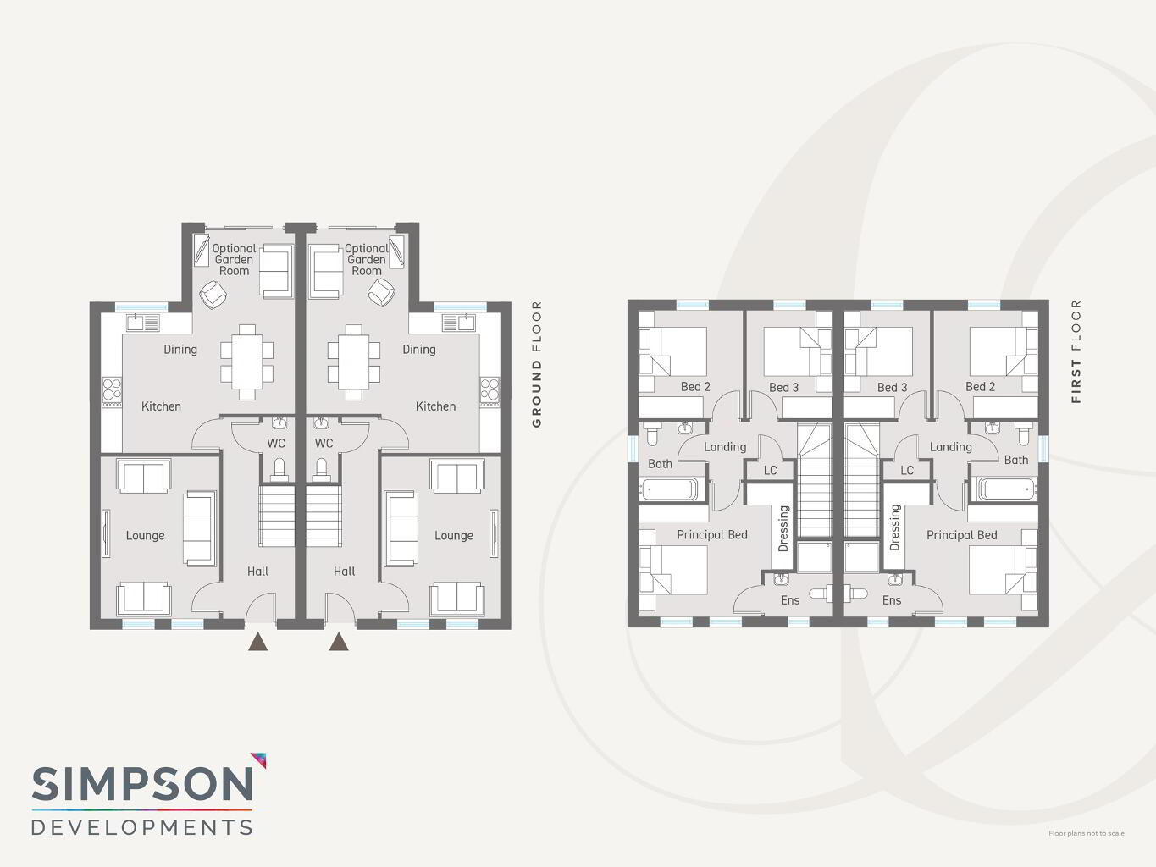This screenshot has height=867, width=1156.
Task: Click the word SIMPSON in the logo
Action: pos(142,784)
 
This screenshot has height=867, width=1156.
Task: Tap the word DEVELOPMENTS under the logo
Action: pos(142,827)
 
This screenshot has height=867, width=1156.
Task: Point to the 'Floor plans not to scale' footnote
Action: pos(1086,833)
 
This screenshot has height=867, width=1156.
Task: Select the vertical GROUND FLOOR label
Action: pos(537,364)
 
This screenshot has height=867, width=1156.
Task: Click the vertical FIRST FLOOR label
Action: pos(1076,351)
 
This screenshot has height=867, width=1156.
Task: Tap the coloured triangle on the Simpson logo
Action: pos(259,759)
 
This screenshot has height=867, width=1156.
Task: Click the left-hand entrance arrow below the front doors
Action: pos(258,642)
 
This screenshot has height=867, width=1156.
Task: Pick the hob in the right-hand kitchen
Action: pos(490,392)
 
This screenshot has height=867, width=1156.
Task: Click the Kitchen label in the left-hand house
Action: pos(161,406)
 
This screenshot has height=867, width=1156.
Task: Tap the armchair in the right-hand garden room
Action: pos(381,292)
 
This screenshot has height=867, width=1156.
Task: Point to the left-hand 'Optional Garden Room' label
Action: pos(234,260)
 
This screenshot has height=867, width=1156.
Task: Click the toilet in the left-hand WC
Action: pos(279,470)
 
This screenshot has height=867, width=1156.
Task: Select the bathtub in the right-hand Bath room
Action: pos(1007,489)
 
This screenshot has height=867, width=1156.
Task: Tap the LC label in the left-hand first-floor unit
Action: pos(770,470)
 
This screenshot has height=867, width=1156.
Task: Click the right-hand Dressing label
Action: pos(894,527)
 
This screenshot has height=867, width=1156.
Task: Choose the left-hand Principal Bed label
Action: pos(712,535)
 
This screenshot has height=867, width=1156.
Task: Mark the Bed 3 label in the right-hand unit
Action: pos(892,388)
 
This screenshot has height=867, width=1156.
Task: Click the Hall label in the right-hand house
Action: pos(344,572)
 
